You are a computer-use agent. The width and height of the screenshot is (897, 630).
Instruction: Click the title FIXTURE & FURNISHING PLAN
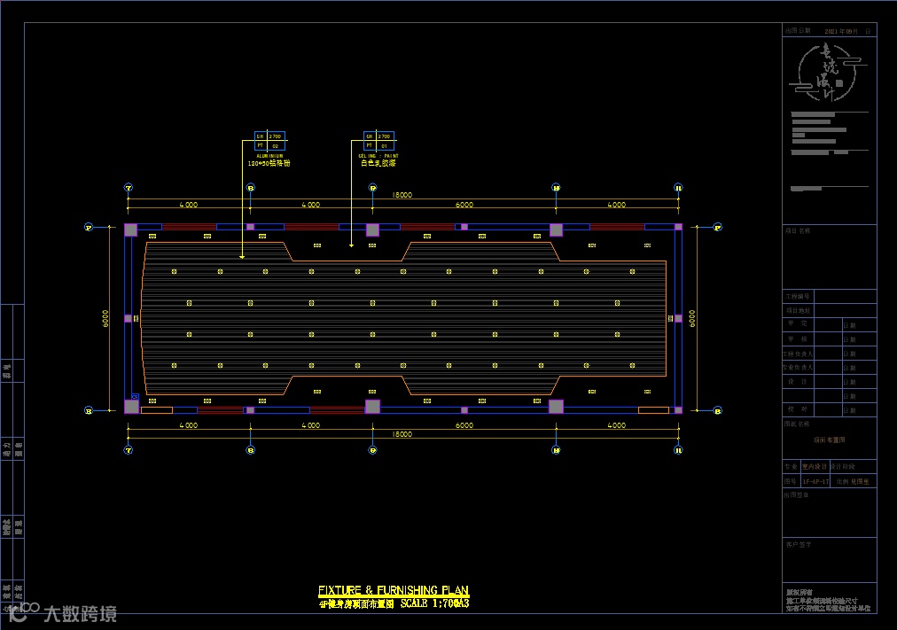[x=393, y=591]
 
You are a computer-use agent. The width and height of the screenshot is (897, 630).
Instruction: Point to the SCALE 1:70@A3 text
[x=434, y=603]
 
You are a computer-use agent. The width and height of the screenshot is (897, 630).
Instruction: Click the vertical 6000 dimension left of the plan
[x=105, y=318]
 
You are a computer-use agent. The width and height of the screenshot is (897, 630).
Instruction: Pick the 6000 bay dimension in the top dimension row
[x=464, y=205]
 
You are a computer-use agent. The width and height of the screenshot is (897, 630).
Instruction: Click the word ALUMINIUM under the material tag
[x=269, y=155]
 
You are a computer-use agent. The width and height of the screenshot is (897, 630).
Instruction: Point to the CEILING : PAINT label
[x=378, y=155]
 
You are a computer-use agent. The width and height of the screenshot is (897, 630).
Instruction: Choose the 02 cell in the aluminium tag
[x=275, y=145]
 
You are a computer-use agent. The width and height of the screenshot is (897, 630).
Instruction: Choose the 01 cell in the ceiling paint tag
[x=384, y=145]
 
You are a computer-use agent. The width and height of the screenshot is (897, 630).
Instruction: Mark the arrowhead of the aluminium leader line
[x=243, y=257]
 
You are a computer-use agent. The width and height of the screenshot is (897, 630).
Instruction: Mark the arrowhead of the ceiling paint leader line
[x=352, y=245]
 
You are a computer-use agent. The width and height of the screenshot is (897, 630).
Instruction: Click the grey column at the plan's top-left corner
[x=131, y=230]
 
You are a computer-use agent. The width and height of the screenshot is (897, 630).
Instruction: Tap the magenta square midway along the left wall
[x=128, y=318]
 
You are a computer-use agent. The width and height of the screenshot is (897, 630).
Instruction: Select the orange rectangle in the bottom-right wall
[x=653, y=410]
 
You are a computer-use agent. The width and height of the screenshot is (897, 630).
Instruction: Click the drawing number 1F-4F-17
[x=815, y=481]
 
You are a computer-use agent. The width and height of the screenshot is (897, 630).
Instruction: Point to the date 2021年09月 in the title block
[x=841, y=31]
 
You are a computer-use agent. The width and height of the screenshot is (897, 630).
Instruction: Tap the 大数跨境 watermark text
[x=80, y=613]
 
